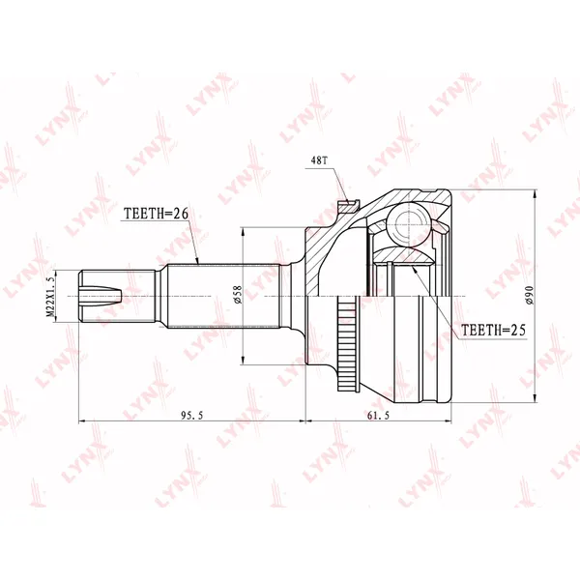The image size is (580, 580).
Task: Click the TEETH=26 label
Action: (156, 214)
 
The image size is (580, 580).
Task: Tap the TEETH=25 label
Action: (493, 330)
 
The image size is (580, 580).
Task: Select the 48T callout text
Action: (319, 160)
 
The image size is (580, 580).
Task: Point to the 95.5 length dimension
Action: (192, 416)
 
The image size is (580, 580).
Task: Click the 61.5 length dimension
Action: (378, 416)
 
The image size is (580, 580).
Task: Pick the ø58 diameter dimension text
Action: (237, 295)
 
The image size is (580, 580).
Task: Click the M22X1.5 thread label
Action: (50, 296)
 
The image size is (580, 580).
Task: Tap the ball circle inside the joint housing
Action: (409, 224)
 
